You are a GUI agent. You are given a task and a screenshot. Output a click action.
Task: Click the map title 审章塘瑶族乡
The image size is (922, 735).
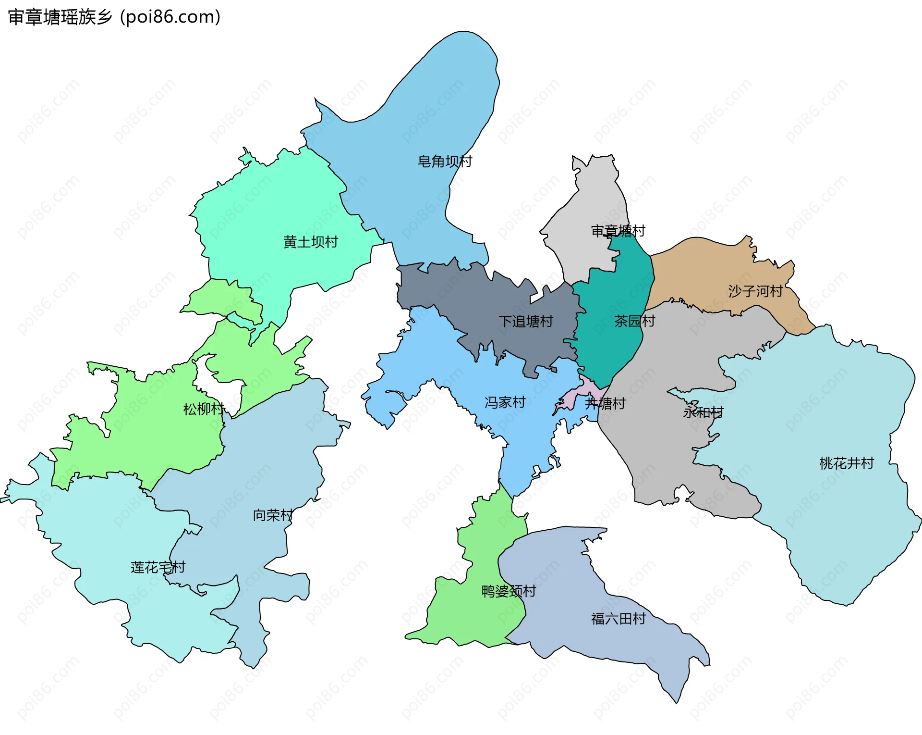tap(60, 17)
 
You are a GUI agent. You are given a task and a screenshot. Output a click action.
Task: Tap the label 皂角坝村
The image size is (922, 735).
tap(445, 162)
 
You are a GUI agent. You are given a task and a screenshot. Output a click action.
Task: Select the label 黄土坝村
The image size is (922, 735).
tap(311, 242)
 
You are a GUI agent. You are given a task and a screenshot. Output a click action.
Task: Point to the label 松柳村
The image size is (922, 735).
tap(204, 409)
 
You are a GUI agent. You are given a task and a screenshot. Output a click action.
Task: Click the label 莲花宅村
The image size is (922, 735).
tap(158, 567)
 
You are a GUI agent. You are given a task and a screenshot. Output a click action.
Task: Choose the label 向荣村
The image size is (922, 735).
tap(273, 515)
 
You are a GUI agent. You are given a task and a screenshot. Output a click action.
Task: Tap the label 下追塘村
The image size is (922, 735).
tap(526, 321)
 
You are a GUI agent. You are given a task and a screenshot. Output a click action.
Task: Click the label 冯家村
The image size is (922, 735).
tap(505, 402)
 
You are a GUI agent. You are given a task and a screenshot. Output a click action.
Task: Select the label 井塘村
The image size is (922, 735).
tap(605, 403)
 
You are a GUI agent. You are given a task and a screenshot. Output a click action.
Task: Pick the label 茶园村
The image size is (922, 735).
tap(635, 321)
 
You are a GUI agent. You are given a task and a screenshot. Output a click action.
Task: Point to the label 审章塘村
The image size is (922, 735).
tap(618, 231)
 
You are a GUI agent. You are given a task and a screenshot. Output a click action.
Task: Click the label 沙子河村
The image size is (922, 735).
tap(755, 291)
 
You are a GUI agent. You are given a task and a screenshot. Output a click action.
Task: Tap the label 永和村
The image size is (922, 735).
tap(703, 412)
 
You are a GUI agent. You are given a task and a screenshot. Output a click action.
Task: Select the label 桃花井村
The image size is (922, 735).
tap(846, 463)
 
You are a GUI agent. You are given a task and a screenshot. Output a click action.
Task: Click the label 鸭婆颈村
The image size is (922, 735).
tap(509, 591)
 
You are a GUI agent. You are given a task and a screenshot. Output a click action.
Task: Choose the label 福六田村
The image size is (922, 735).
tap(618, 618)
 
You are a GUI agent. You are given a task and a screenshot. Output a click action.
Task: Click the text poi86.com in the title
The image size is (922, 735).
tap(170, 17)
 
